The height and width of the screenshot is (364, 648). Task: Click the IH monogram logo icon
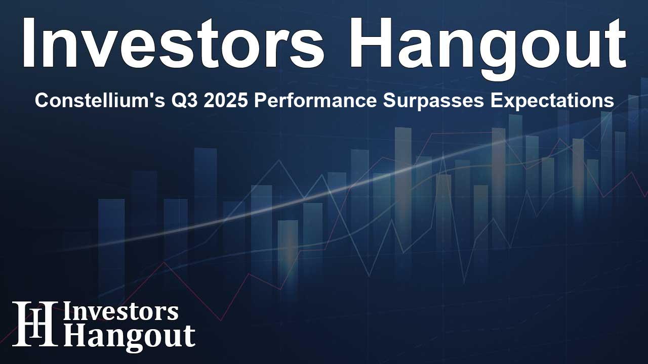point(34,324)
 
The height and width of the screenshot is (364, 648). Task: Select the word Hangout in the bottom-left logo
point(129,336)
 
